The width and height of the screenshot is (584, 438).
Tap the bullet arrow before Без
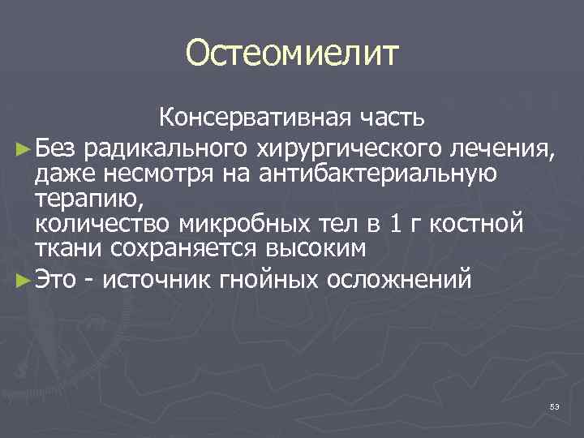click(22, 148)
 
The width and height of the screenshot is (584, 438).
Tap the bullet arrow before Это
click(22, 281)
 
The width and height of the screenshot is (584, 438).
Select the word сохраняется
click(169, 248)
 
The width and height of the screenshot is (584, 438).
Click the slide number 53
click(554, 406)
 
